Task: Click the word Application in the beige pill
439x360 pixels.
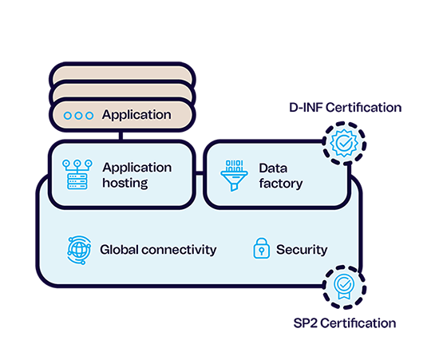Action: click(x=136, y=115)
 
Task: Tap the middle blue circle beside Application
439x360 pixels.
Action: click(x=79, y=116)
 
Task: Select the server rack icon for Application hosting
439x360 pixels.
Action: click(x=77, y=175)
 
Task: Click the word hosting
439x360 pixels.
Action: click(x=125, y=183)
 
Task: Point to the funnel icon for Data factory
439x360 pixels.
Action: click(x=234, y=176)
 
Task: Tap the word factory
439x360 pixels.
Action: click(x=281, y=184)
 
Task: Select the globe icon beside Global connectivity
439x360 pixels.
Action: click(x=79, y=250)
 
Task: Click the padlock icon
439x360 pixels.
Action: click(x=262, y=248)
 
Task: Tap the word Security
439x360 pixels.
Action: click(x=302, y=250)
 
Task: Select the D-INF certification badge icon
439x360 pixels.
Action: click(x=344, y=143)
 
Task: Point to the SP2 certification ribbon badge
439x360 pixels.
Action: click(x=344, y=287)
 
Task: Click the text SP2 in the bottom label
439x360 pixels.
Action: click(x=305, y=323)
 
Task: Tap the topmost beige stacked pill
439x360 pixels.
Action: click(x=122, y=72)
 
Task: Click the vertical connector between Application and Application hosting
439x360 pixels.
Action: click(x=121, y=136)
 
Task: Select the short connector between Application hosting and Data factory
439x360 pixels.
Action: click(x=200, y=173)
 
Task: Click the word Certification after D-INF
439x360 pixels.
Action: click(x=364, y=108)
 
